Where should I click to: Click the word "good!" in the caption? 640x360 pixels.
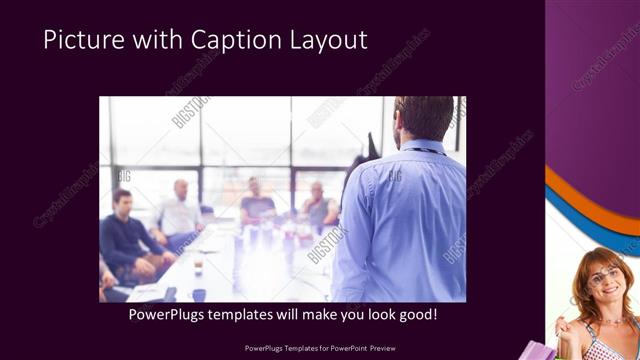click(x=415, y=315)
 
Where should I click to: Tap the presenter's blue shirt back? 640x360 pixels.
click(x=405, y=220)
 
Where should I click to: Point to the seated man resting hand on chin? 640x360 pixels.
click(x=318, y=205)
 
